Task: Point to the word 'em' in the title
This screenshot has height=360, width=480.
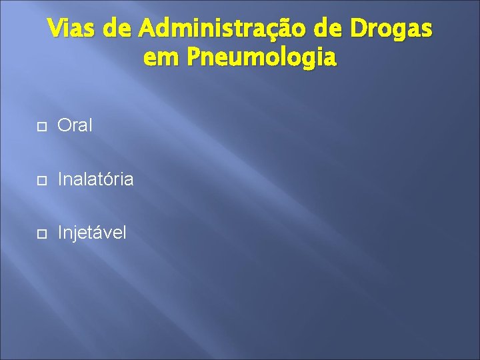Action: click(x=161, y=58)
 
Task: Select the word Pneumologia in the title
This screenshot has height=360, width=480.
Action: click(x=262, y=59)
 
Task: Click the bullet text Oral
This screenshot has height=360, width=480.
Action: click(x=75, y=125)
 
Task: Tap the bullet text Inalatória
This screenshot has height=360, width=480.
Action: click(x=95, y=179)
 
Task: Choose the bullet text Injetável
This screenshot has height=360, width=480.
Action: click(x=91, y=233)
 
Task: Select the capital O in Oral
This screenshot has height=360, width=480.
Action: click(x=64, y=125)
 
